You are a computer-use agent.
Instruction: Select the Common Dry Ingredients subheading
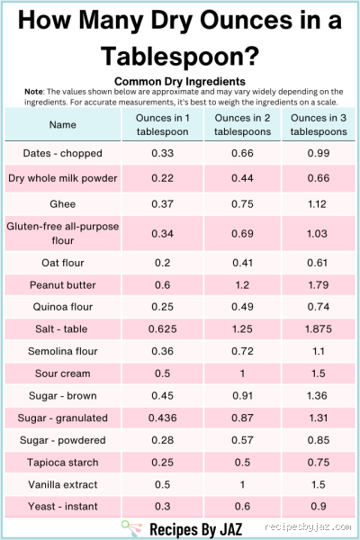click(180, 81)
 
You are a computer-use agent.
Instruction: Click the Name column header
click(63, 125)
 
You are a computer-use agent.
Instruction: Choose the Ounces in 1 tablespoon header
click(162, 125)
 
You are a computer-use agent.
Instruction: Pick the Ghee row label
click(63, 203)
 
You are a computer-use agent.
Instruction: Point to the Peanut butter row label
click(63, 284)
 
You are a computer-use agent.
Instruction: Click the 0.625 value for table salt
click(162, 328)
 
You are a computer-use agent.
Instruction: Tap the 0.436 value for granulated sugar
click(162, 418)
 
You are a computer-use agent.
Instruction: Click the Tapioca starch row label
click(63, 463)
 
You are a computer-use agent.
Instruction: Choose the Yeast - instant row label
click(63, 507)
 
